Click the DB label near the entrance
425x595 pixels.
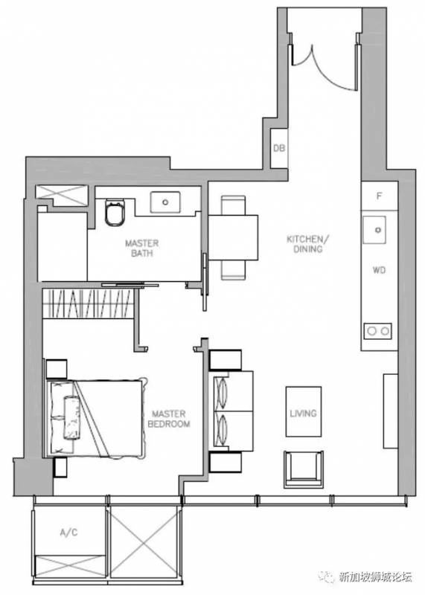(279, 148)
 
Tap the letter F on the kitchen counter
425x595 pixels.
(379, 196)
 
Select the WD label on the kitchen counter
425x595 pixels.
(379, 270)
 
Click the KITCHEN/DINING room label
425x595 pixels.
(307, 244)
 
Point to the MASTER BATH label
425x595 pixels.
(141, 248)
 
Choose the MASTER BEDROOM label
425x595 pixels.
(169, 419)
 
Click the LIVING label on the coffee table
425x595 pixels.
(303, 413)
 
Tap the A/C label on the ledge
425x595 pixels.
(68, 533)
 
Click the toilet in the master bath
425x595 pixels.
(115, 213)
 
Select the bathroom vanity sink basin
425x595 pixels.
(165, 202)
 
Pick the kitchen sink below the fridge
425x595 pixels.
(374, 230)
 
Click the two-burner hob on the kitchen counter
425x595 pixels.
(378, 331)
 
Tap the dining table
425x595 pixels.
(233, 237)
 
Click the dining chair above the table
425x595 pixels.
(233, 205)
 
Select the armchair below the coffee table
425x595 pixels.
(304, 469)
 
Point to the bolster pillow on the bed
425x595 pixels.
(71, 417)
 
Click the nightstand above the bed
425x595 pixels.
(57, 369)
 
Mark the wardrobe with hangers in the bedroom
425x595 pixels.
(88, 304)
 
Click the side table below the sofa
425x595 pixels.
(226, 462)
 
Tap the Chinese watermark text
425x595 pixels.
(375, 577)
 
